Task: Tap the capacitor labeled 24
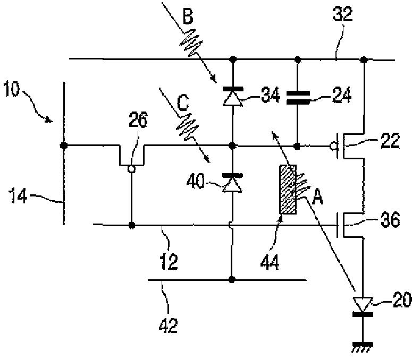coord(297,99)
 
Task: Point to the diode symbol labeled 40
coord(232,183)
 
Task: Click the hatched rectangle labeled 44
coord(288,190)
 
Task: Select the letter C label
coord(183,103)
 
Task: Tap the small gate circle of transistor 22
coord(333,144)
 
